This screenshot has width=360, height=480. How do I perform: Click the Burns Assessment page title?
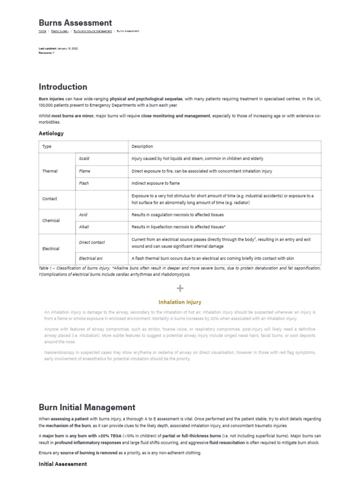tap(75, 23)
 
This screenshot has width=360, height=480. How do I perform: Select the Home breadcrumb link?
tap(42, 31)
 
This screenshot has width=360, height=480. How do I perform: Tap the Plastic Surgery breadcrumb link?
tap(60, 31)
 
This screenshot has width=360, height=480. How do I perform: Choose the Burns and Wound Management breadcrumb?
tap(93, 31)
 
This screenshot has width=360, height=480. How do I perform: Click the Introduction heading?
tap(63, 87)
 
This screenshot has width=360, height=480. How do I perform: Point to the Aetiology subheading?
tap(51, 133)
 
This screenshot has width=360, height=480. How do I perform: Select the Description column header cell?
tap(142, 147)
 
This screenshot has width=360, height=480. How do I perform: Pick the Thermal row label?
tap(50, 171)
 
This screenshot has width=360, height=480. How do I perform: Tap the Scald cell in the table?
tap(84, 159)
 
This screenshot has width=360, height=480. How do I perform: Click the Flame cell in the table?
tap(85, 171)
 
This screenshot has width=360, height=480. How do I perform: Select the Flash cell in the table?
tap(84, 183)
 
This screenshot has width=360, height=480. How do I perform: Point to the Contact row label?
tap(50, 199)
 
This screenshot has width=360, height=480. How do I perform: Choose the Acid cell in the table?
tap(83, 215)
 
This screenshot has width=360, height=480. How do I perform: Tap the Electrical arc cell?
tap(91, 258)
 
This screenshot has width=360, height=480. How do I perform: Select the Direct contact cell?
tap(92, 242)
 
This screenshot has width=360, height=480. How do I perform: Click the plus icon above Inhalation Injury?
tap(180, 288)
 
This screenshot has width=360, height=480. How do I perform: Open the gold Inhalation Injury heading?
tap(180, 302)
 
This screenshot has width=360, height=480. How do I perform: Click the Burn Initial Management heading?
tap(87, 407)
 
